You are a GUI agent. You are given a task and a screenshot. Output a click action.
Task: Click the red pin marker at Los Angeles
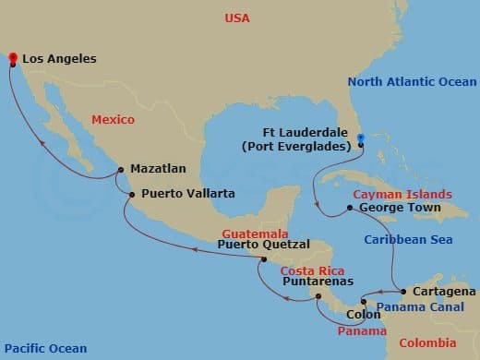(13, 60)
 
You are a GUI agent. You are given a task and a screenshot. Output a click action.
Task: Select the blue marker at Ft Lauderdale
(361, 140)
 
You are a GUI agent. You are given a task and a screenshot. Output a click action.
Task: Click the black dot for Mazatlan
(116, 169)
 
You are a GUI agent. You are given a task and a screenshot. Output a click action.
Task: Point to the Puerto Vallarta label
(187, 194)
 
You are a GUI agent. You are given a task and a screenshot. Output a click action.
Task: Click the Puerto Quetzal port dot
(264, 259)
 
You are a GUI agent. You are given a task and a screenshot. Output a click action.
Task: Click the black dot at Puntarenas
(318, 296)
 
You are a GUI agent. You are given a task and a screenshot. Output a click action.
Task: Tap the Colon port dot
(364, 302)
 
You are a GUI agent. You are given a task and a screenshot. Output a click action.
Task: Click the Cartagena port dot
(403, 291)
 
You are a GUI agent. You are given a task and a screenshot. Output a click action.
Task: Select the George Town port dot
(349, 208)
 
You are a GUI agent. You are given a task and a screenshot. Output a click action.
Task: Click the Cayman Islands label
(402, 195)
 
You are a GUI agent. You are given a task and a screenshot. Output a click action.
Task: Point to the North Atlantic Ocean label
(412, 82)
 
